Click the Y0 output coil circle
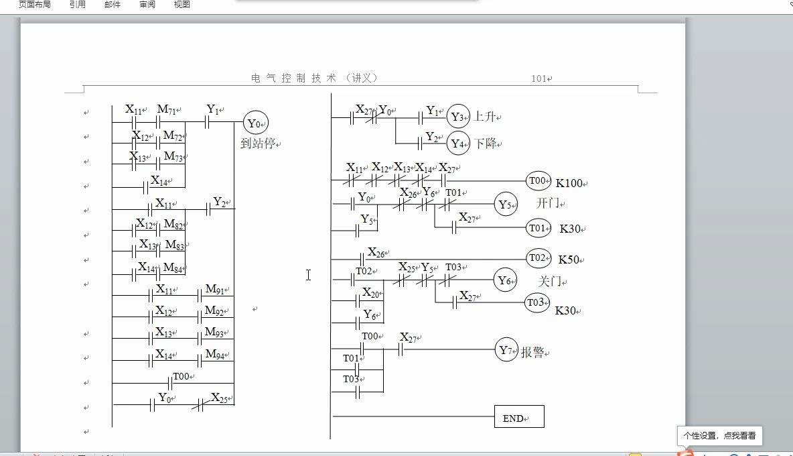255,123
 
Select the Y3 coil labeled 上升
458,117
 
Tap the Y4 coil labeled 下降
458,143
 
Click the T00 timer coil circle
538,180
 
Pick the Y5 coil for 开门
506,204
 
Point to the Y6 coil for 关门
505,280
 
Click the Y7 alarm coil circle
506,350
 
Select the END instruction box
518,417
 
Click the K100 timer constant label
569,183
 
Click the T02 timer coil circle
538,257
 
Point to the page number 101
540,78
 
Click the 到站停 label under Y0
258,143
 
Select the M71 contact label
167,109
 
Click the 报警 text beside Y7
532,353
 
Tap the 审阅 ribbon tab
147,5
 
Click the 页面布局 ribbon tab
34,5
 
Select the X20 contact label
372,293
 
